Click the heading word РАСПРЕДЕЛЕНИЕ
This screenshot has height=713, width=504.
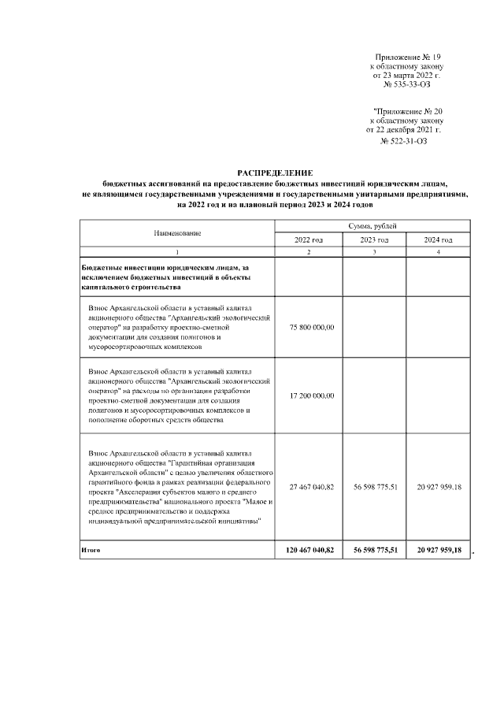(x=275, y=173)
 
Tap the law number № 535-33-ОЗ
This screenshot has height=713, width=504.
(x=406, y=84)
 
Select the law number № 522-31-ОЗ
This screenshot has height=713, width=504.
(x=404, y=142)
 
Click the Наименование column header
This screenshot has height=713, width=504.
(x=177, y=233)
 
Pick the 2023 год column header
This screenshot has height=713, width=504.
(x=373, y=240)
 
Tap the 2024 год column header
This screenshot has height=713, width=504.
(x=438, y=240)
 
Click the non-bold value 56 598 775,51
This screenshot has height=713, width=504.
(x=373, y=487)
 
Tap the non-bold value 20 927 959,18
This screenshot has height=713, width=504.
(x=438, y=487)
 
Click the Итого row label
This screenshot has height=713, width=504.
(x=91, y=549)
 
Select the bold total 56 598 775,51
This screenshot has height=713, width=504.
(x=373, y=549)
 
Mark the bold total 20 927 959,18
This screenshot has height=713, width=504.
(x=438, y=549)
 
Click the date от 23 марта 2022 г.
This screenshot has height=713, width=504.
(x=406, y=75)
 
